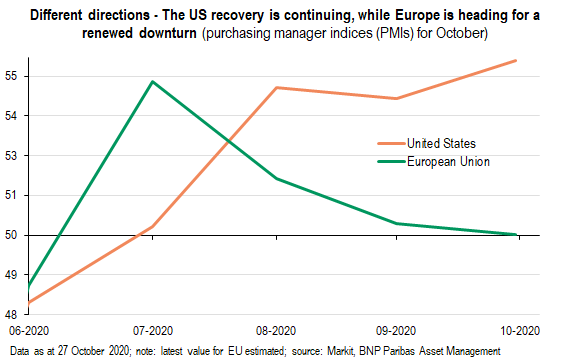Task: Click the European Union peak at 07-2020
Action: point(153,81)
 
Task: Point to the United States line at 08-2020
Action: point(276,88)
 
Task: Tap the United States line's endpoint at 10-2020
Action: point(516,60)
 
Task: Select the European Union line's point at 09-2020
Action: point(396,223)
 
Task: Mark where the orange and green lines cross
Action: point(229,140)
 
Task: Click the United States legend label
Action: point(441,143)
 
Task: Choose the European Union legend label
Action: point(448,162)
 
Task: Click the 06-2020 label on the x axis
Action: point(29,331)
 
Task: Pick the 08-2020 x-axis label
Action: point(276,331)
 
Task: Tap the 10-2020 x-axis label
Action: point(520,331)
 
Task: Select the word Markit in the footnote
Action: point(340,351)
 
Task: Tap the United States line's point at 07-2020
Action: point(153,227)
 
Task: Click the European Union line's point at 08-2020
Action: point(276,178)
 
